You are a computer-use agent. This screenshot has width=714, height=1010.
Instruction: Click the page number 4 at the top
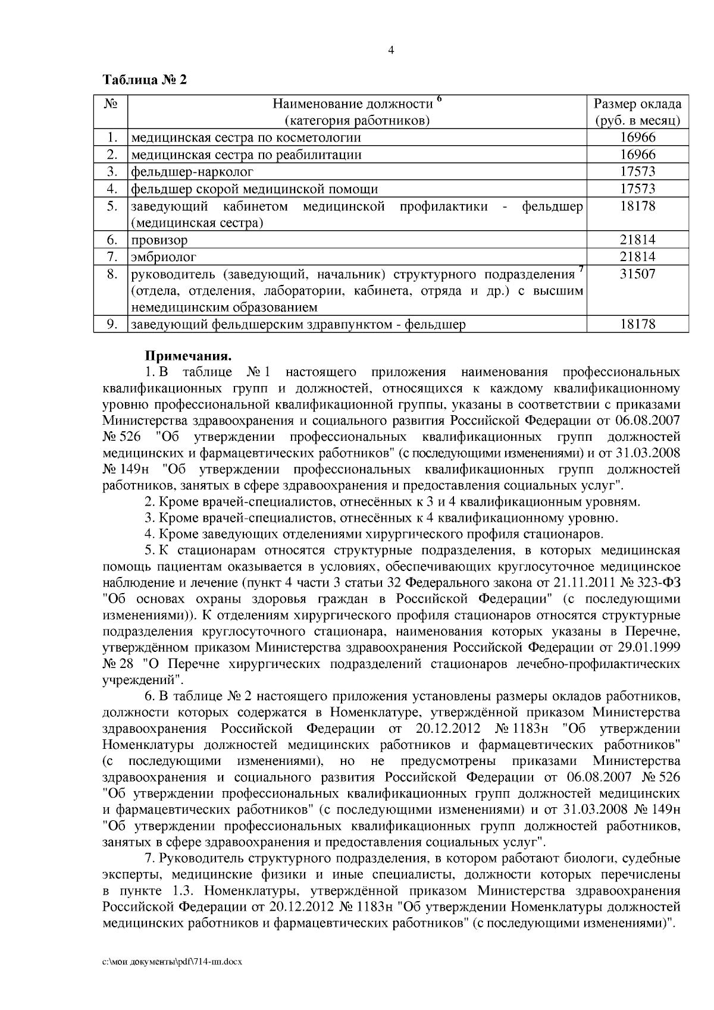tap(390, 51)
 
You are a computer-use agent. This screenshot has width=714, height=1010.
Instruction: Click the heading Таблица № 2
tap(145, 80)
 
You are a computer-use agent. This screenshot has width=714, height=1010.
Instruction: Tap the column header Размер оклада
tap(637, 104)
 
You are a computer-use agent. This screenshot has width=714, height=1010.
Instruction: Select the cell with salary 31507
tap(637, 274)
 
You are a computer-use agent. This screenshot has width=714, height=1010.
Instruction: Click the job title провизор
tap(159, 240)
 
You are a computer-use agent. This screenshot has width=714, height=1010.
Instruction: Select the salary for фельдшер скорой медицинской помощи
tap(637, 189)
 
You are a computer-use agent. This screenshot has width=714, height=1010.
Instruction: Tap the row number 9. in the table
tap(111, 324)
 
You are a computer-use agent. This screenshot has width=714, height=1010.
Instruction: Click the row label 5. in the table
tap(111, 206)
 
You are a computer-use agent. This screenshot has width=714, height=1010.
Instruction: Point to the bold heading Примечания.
tap(188, 356)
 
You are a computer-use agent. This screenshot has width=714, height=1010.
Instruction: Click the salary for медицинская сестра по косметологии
tap(637, 138)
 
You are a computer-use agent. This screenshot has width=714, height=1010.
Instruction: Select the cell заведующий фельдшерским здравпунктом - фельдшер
tap(298, 325)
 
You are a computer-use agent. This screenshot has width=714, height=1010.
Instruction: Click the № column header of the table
tap(111, 104)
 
